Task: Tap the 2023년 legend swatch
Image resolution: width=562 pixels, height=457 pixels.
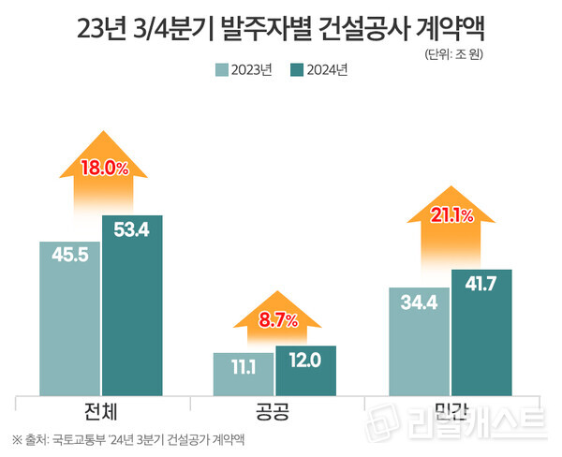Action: click(222, 69)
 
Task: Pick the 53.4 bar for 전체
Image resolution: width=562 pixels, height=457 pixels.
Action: click(132, 309)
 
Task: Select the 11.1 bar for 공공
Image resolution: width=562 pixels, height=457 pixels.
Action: click(244, 374)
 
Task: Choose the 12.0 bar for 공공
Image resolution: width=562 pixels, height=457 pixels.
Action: click(305, 371)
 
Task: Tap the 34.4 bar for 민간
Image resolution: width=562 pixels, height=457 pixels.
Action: click(418, 342)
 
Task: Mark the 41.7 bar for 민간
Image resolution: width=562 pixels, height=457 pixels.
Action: click(481, 332)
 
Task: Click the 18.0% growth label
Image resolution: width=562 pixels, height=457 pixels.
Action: click(103, 169)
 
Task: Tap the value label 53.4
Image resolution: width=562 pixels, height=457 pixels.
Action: click(132, 231)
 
